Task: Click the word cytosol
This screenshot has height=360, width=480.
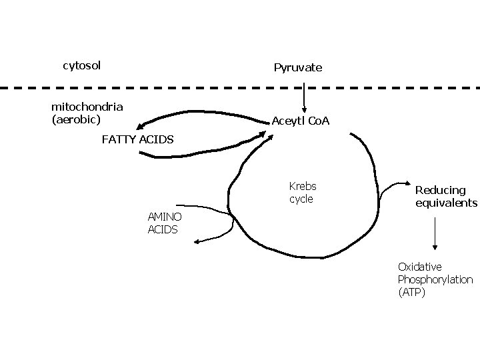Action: [x=81, y=65]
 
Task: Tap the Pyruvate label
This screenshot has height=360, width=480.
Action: [x=297, y=67]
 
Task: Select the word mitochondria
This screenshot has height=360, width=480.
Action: [x=87, y=107]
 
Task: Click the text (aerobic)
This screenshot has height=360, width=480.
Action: [x=76, y=119]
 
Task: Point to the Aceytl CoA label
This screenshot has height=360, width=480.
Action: [x=300, y=121]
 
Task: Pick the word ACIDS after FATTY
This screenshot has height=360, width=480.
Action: [x=159, y=139]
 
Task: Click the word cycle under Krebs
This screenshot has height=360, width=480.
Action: [x=301, y=199]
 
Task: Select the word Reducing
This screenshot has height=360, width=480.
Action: [x=441, y=190]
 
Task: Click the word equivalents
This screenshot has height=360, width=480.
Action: [x=446, y=203]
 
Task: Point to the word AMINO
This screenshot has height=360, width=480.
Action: [x=164, y=217]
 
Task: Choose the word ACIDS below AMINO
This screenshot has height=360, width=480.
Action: [x=162, y=229]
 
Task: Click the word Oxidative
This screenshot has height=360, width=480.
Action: [x=419, y=267]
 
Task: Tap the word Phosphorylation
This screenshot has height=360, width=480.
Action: [x=435, y=279]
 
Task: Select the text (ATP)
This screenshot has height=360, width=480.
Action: [x=411, y=292]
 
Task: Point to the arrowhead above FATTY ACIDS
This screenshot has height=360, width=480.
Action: [x=141, y=125]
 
